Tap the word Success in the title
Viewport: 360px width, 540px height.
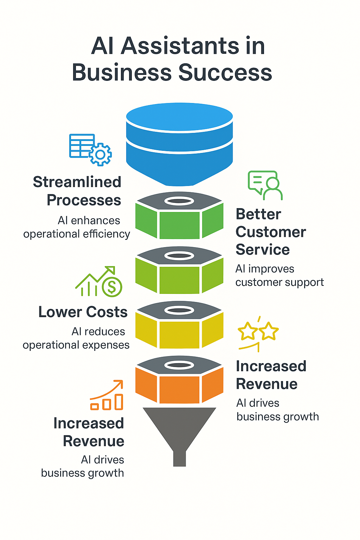coord(225,73)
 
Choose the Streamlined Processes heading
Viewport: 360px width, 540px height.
coord(77,191)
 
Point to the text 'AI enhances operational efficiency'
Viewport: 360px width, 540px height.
coord(77,227)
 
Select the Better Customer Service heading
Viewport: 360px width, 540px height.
coord(271,232)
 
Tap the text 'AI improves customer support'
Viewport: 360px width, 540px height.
coord(279,275)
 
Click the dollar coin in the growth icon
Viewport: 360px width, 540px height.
coord(112,287)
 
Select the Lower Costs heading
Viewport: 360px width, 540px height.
coord(83,312)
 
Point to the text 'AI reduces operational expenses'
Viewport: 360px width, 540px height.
coord(77,338)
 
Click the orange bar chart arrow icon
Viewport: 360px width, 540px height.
coord(107,395)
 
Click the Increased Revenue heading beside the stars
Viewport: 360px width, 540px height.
coord(271,375)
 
